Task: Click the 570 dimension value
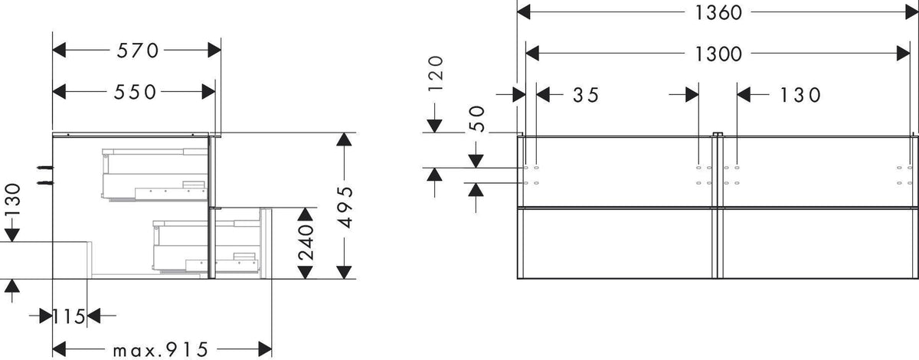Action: tap(137, 51)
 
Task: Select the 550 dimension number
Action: tap(135, 92)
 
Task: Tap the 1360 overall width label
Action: tap(718, 13)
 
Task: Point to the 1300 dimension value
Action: tap(718, 54)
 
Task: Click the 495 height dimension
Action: tap(345, 208)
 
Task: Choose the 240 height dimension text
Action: tap(306, 242)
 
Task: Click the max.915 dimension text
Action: tap(161, 350)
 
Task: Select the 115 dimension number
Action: tap(70, 316)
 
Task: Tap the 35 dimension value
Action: tap(586, 95)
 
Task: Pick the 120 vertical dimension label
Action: tap(436, 74)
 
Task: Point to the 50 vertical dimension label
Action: tap(476, 119)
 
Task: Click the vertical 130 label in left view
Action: tap(12, 201)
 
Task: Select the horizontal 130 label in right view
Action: tap(800, 95)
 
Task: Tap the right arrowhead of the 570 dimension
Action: tap(214, 51)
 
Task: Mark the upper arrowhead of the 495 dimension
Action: tap(344, 139)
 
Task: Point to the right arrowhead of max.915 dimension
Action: tap(265, 350)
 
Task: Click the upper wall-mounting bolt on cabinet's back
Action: tap(44, 168)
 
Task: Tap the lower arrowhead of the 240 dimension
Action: tap(306, 272)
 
